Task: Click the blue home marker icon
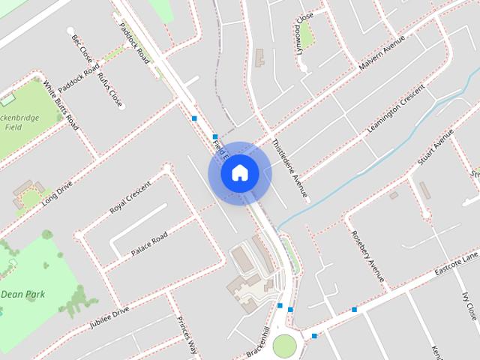[239, 172]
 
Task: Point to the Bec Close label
[81, 46]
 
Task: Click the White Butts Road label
[61, 106]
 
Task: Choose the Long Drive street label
[57, 193]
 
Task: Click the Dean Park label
[22, 294]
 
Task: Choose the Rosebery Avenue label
[367, 256]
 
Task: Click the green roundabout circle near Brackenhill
[285, 346]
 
